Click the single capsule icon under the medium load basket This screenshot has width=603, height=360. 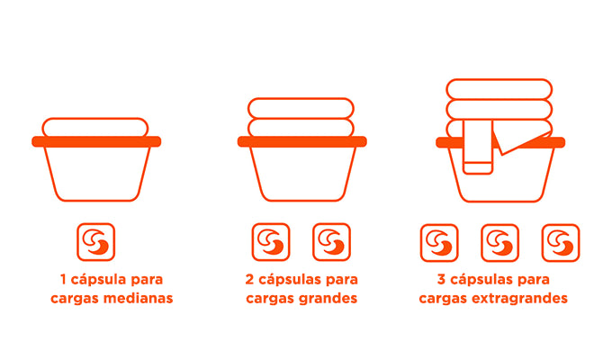click(x=95, y=242)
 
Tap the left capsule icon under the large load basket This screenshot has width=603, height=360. click(x=271, y=242)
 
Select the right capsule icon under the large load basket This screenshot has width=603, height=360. click(x=331, y=242)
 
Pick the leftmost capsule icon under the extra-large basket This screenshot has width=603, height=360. click(x=439, y=243)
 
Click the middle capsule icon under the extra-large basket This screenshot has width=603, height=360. click(x=499, y=243)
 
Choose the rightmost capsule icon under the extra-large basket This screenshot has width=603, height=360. click(x=561, y=243)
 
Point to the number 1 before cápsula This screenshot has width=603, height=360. click(x=63, y=279)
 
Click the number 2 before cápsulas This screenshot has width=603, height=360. click(x=249, y=279)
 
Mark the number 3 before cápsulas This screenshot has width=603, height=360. click(x=442, y=279)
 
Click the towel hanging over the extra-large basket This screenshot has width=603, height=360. click(x=478, y=148)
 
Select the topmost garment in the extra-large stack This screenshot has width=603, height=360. click(x=499, y=89)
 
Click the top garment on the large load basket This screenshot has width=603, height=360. click(x=301, y=108)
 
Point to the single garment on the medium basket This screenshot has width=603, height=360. click(x=95, y=127)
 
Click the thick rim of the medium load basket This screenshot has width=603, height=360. click(x=96, y=141)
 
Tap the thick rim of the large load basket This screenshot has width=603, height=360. click(x=301, y=141)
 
